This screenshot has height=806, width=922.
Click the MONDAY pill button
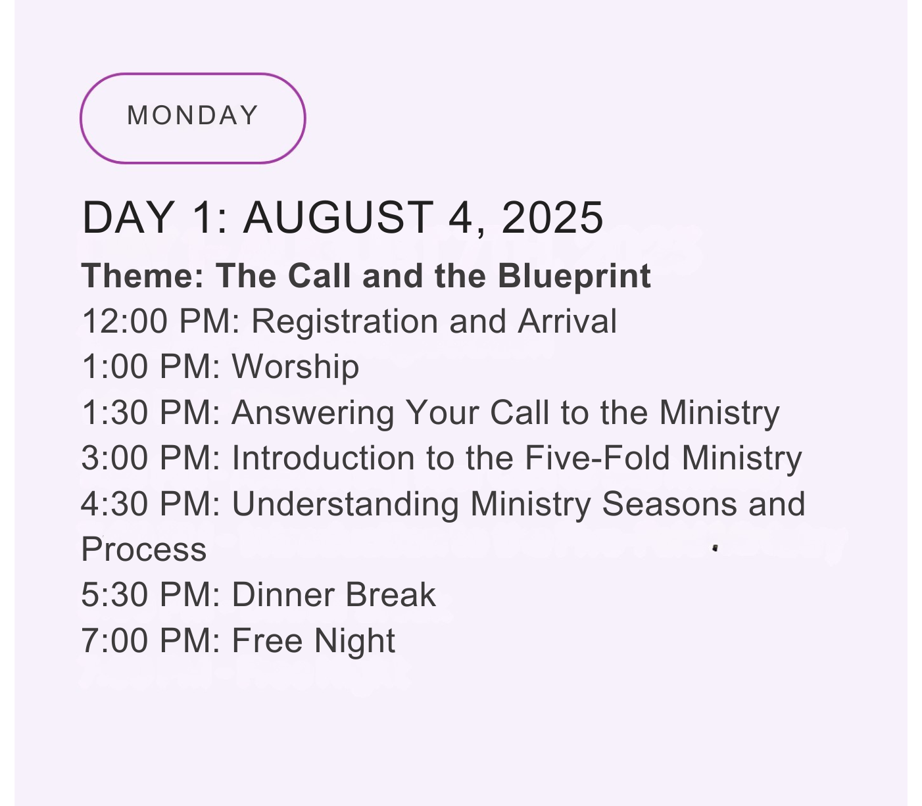(193, 118)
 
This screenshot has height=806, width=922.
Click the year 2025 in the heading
(552, 218)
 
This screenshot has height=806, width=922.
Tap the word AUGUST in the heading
(339, 218)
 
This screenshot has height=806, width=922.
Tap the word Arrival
(568, 321)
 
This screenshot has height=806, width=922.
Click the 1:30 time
(115, 413)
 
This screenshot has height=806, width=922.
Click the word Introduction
(323, 458)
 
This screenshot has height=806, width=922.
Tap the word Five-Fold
(598, 458)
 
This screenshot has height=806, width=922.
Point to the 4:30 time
(114, 504)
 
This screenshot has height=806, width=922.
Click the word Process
(144, 550)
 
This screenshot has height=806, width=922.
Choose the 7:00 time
(114, 641)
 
